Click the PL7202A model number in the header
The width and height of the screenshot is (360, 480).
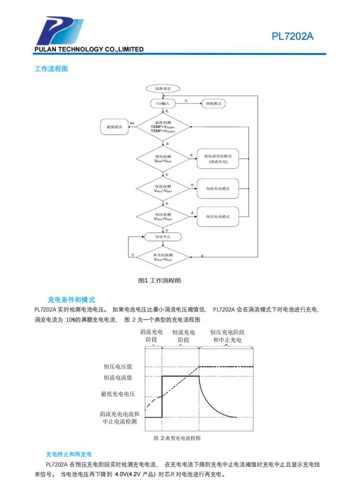click(x=292, y=36)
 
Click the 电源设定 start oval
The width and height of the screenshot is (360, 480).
click(x=163, y=89)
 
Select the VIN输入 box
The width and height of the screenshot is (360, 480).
click(x=163, y=103)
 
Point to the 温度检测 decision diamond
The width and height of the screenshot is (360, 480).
click(x=163, y=127)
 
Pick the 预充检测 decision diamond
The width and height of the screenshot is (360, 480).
click(x=163, y=159)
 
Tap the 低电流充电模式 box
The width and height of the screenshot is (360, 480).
click(x=218, y=159)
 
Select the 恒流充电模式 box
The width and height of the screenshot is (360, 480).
click(x=218, y=189)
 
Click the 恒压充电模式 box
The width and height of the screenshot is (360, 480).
click(x=218, y=216)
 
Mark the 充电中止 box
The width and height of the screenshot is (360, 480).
click(x=163, y=237)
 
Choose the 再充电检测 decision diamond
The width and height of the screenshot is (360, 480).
click(x=163, y=257)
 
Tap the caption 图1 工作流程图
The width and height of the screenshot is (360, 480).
click(x=159, y=280)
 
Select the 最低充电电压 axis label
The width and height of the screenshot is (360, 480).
click(x=118, y=394)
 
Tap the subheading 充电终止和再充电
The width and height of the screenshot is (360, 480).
click(x=69, y=454)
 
